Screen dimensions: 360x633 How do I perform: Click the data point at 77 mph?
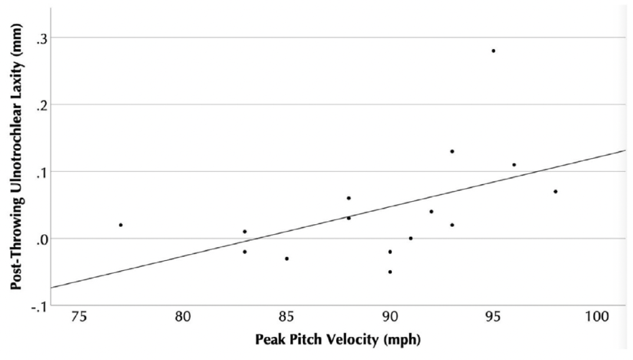120,225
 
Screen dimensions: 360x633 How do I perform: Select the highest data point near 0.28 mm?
493,51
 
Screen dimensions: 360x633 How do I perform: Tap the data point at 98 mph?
556,192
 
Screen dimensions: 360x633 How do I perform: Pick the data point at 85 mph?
287,259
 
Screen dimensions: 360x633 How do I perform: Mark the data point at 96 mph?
514,164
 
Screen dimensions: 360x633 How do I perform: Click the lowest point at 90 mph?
390,272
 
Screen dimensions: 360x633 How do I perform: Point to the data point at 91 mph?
410,238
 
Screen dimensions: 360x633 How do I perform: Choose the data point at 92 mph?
431,211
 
